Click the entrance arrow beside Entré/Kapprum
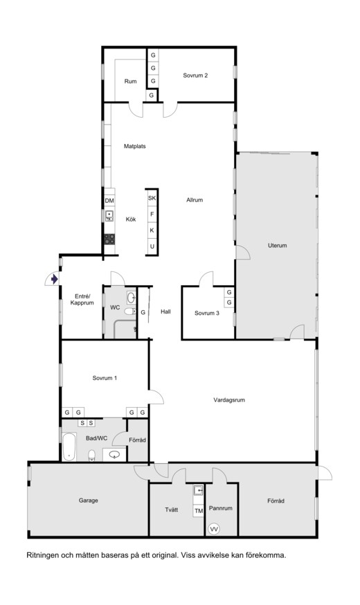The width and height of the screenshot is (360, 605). pos(55,278)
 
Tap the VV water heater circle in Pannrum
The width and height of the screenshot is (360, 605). pos(213,529)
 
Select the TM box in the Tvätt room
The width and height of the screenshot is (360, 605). pos(199,511)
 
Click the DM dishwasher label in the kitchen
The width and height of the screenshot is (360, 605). pos(109,201)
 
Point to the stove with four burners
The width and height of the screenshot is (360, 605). pos(109,239)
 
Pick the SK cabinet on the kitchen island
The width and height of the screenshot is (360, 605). pos(152,198)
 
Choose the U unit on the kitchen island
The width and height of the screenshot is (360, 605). pos(152,246)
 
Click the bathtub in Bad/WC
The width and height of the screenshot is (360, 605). pos(69,446)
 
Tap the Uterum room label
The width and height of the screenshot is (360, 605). pos(278,246)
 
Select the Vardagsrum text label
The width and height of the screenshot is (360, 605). pos(229,400)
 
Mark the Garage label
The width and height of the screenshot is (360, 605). pos(89,500)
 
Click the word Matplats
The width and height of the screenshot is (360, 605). pos(135,146)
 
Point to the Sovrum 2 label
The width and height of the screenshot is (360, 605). pos(195,75)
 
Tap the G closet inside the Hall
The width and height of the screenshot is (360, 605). pos(143,312)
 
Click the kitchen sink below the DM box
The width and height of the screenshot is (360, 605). pos(109,216)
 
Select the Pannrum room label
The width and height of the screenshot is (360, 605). pos(221,508)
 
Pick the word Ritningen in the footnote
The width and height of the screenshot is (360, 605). pos(42,556)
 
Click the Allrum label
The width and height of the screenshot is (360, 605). pos(195,200)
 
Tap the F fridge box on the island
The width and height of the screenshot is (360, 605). pos(152,214)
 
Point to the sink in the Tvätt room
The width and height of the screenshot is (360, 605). pos(198,490)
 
